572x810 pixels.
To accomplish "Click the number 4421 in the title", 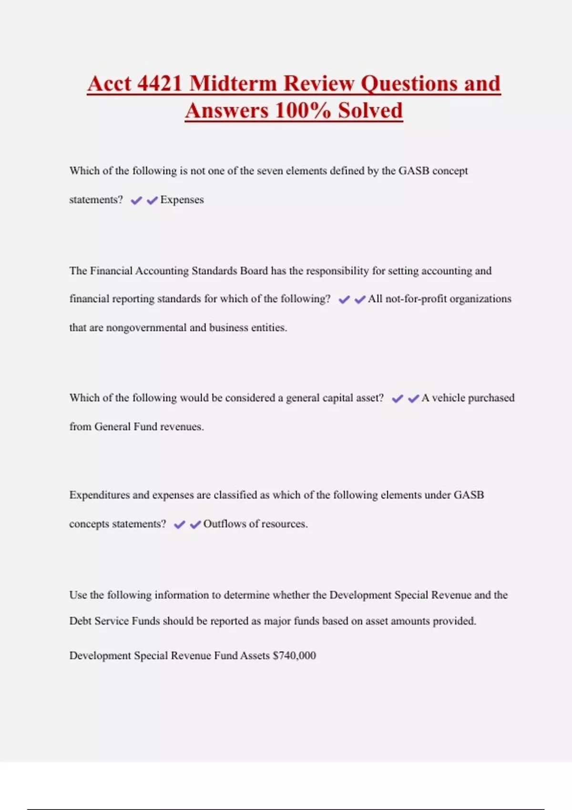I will click(159, 83).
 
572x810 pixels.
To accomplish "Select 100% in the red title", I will click(303, 111).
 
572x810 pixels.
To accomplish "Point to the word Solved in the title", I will click(370, 111).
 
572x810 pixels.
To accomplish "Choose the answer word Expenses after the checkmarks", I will click(182, 200).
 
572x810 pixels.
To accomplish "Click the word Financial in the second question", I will click(111, 271).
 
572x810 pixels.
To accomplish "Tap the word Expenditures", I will click(99, 495).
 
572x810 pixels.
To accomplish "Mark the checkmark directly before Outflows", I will click(195, 525).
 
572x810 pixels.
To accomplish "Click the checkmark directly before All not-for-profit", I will click(360, 299).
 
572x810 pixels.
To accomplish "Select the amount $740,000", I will click(294, 656).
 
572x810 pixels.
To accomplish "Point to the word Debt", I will click(80, 621).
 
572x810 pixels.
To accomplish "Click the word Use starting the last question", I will click(78, 595).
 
